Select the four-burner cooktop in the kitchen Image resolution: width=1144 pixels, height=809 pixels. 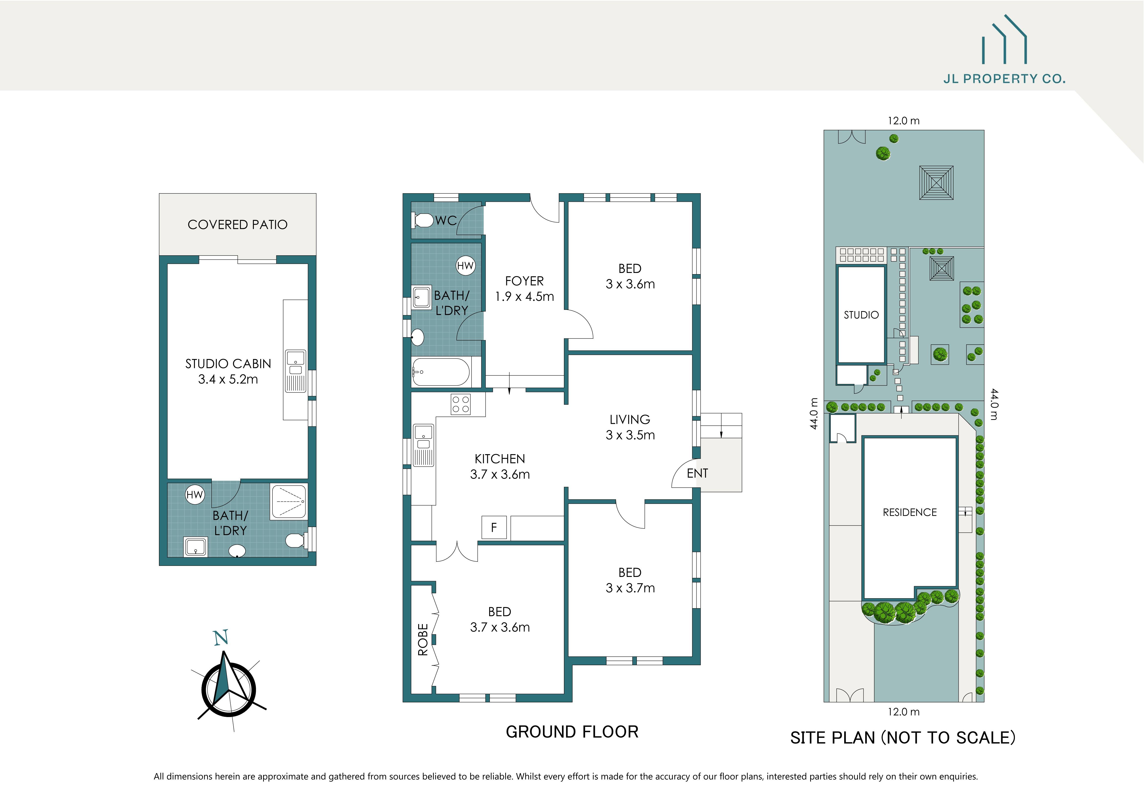[460, 404]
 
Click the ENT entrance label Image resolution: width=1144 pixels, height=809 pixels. [697, 473]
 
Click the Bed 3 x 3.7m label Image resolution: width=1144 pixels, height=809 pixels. [630, 580]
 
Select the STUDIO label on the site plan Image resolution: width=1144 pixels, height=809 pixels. [861, 315]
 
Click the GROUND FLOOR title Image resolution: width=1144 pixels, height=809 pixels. [572, 732]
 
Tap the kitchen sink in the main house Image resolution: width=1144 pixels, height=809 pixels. [424, 445]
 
